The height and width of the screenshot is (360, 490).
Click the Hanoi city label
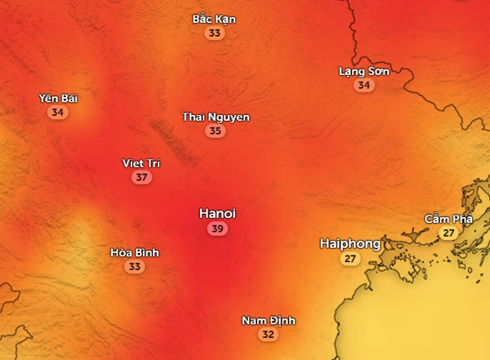tap(217, 213)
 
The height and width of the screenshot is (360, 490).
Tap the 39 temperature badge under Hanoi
tap(217, 229)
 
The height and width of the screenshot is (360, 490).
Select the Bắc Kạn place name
tap(214, 19)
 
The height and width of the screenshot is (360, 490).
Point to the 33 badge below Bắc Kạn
tap(215, 33)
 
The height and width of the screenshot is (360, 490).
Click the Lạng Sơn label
tap(364, 71)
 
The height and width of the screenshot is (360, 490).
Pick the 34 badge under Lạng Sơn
tap(364, 85)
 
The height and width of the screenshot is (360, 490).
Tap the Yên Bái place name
tap(58, 99)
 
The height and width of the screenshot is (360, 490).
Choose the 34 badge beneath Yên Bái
tap(57, 113)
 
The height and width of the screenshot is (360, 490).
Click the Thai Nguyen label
tap(216, 117)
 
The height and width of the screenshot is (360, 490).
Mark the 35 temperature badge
tap(215, 131)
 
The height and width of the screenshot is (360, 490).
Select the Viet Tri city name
tap(141, 163)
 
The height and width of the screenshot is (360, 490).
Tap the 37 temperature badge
tap(142, 177)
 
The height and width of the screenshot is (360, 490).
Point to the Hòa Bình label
tap(135, 253)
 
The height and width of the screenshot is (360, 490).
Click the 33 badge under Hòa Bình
tap(135, 267)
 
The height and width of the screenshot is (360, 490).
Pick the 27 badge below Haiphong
tap(350, 259)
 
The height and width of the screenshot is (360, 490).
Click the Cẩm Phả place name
tap(448, 219)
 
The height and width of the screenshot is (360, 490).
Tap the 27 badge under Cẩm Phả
tap(448, 233)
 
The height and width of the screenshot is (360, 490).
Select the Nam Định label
tap(269, 320)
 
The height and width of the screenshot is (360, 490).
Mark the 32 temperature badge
tap(268, 335)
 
